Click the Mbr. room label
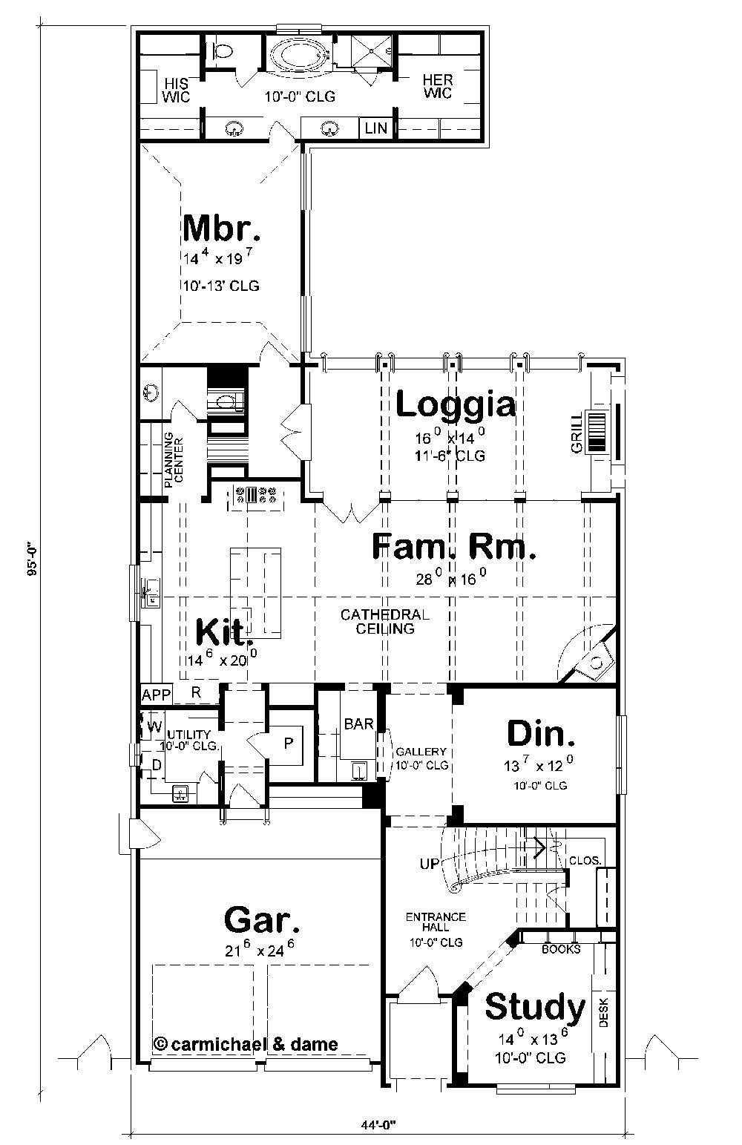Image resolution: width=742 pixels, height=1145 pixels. point(221,229)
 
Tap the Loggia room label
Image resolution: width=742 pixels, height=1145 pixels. point(455,405)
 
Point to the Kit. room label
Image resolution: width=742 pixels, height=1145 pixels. point(223,632)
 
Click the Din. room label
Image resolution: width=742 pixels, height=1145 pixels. point(541,733)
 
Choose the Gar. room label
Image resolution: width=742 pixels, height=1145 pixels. point(262,920)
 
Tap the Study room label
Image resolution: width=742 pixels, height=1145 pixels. point(534,1007)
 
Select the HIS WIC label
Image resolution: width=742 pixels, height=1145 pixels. point(177,89)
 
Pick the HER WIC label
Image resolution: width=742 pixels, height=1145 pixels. point(437,87)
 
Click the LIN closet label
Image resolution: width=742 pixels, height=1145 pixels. point(376,128)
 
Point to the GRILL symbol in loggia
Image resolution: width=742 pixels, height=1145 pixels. point(597,430)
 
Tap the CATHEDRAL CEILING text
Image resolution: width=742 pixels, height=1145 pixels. point(384,622)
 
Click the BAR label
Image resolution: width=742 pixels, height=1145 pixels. point(358,724)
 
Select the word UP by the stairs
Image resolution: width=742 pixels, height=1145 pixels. point(429,863)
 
